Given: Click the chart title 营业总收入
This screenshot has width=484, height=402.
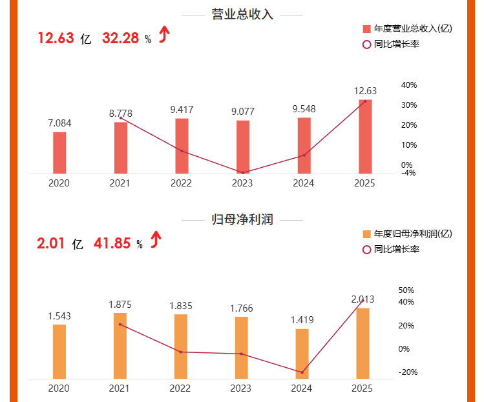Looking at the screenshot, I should pos(242,15).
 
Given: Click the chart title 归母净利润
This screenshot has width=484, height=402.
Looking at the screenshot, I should pos(242,220).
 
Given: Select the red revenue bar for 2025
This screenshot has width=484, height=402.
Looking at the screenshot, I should pos(365,137).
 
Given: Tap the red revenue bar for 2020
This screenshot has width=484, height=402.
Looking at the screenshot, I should pos(59,153).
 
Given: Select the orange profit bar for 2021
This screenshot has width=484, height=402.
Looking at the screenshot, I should pos(120,346).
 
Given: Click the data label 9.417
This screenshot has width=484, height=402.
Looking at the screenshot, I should pos(182,110).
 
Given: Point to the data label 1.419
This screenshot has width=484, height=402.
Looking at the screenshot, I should pos(302,319).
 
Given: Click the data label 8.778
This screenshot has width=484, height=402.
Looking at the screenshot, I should pos(121,113).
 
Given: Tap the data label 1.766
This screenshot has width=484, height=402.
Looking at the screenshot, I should pos(241,308).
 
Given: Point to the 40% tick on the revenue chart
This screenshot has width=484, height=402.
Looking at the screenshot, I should pos(409,85).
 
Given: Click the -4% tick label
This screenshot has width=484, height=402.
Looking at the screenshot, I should pos(408,173).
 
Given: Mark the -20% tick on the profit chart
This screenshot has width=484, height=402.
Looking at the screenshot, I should pos(408,372).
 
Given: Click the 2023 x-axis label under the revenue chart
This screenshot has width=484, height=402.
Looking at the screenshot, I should pos(241,183).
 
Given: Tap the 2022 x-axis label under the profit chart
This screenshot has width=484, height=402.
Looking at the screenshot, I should pos(180,388).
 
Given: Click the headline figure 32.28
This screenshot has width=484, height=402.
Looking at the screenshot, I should pos(120,38).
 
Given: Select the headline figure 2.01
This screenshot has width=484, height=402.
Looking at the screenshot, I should pos(51,243).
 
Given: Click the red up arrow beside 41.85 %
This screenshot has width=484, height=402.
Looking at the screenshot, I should pos(155,241).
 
